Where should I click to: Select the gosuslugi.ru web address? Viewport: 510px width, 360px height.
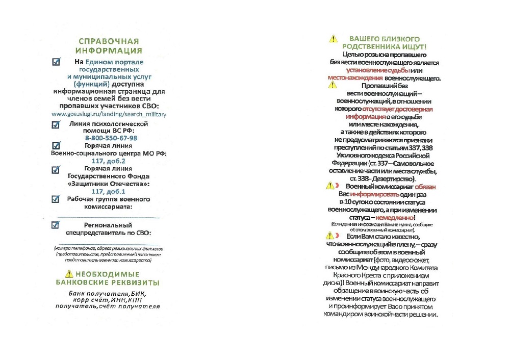[109, 114]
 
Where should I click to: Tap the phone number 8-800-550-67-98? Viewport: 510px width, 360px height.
[111, 138]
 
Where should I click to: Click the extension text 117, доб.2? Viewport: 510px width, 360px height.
[109, 161]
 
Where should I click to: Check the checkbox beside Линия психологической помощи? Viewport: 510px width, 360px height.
[56, 124]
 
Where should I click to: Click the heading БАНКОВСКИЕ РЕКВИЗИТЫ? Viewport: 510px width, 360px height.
[108, 282]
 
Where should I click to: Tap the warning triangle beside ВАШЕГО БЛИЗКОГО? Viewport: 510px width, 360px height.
[333, 39]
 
